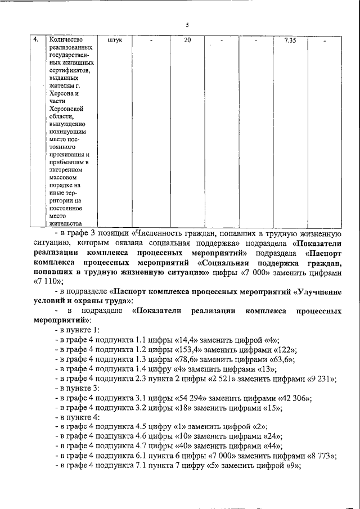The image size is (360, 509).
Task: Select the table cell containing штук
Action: pyautogui.click(x=114, y=40)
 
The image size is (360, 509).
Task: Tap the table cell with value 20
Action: pyautogui.click(x=187, y=40)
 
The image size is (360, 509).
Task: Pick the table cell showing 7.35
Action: pyautogui.click(x=290, y=40)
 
